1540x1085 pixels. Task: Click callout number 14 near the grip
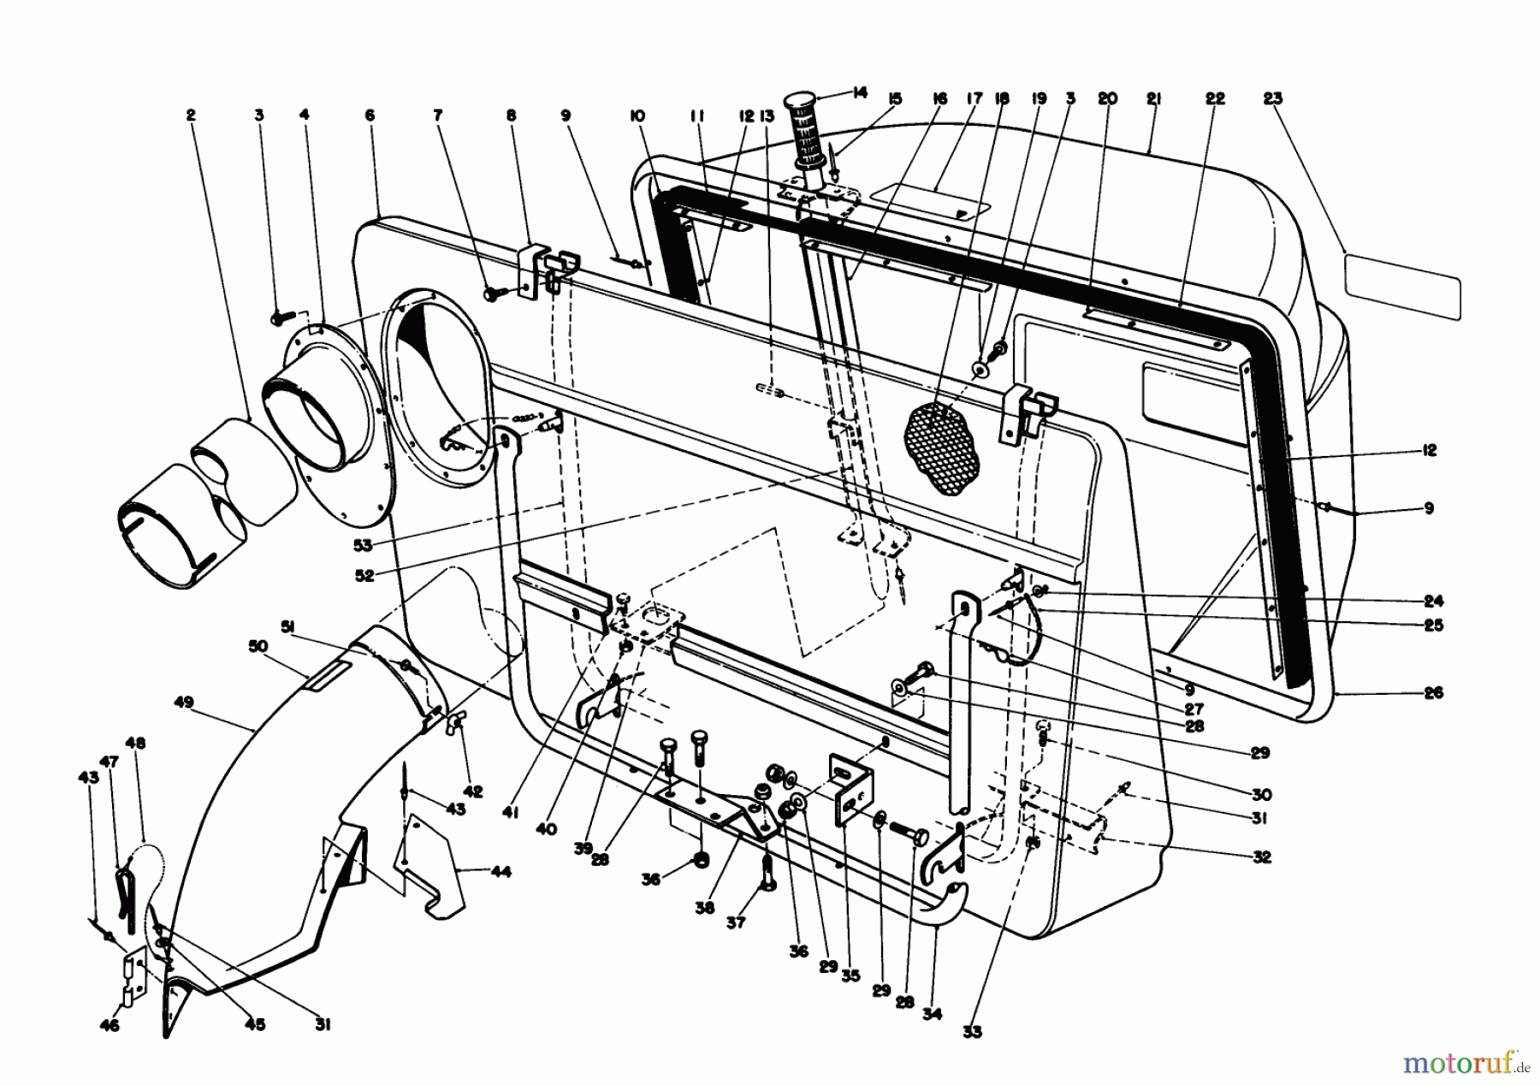point(859,92)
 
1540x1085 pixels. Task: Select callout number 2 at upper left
point(190,115)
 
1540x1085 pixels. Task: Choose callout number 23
point(1272,99)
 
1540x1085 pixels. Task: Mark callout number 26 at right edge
point(1435,692)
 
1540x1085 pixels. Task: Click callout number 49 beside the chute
point(183,703)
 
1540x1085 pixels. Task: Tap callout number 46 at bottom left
point(110,1025)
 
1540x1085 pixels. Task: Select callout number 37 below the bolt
point(736,922)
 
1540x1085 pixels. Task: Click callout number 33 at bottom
point(969,1032)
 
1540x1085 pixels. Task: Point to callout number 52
point(365,576)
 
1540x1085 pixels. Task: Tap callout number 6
point(370,115)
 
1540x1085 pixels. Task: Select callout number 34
point(932,1014)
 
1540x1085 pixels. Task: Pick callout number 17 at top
point(974,99)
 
